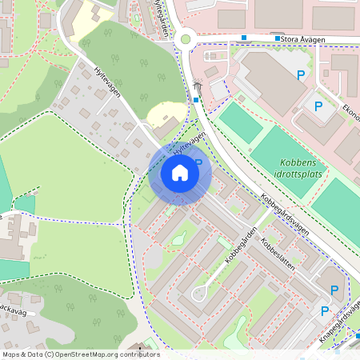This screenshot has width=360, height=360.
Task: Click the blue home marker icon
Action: [180, 172]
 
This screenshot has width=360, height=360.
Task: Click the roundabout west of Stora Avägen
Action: [186, 38]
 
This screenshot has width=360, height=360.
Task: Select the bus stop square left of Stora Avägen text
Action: [278, 38]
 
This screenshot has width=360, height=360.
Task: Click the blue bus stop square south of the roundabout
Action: [196, 99]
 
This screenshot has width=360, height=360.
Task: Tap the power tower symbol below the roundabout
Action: [197, 82]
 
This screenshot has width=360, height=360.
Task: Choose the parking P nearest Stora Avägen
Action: [302, 75]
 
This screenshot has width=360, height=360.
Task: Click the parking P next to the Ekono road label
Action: [318, 106]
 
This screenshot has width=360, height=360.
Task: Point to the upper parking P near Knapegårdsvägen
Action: [335, 290]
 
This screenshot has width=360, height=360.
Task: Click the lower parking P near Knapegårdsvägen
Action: [325, 310]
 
